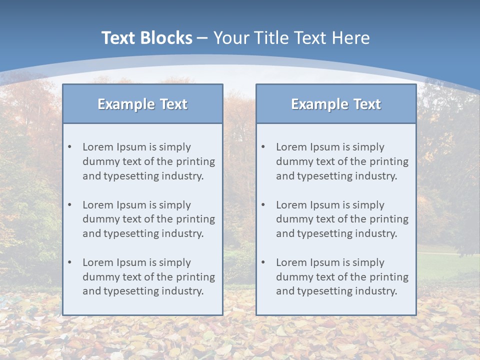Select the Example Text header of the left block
[x=142, y=104]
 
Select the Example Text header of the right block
[x=336, y=104]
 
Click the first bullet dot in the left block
[x=69, y=147]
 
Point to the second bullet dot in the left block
[x=69, y=205]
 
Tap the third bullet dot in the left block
[x=69, y=262]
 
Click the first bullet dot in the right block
[x=263, y=147]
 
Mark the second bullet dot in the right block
[x=263, y=205]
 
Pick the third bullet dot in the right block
[x=263, y=262]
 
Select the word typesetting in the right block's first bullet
[x=323, y=176]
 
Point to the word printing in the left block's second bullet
[x=196, y=219]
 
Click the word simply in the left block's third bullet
[x=175, y=262]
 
